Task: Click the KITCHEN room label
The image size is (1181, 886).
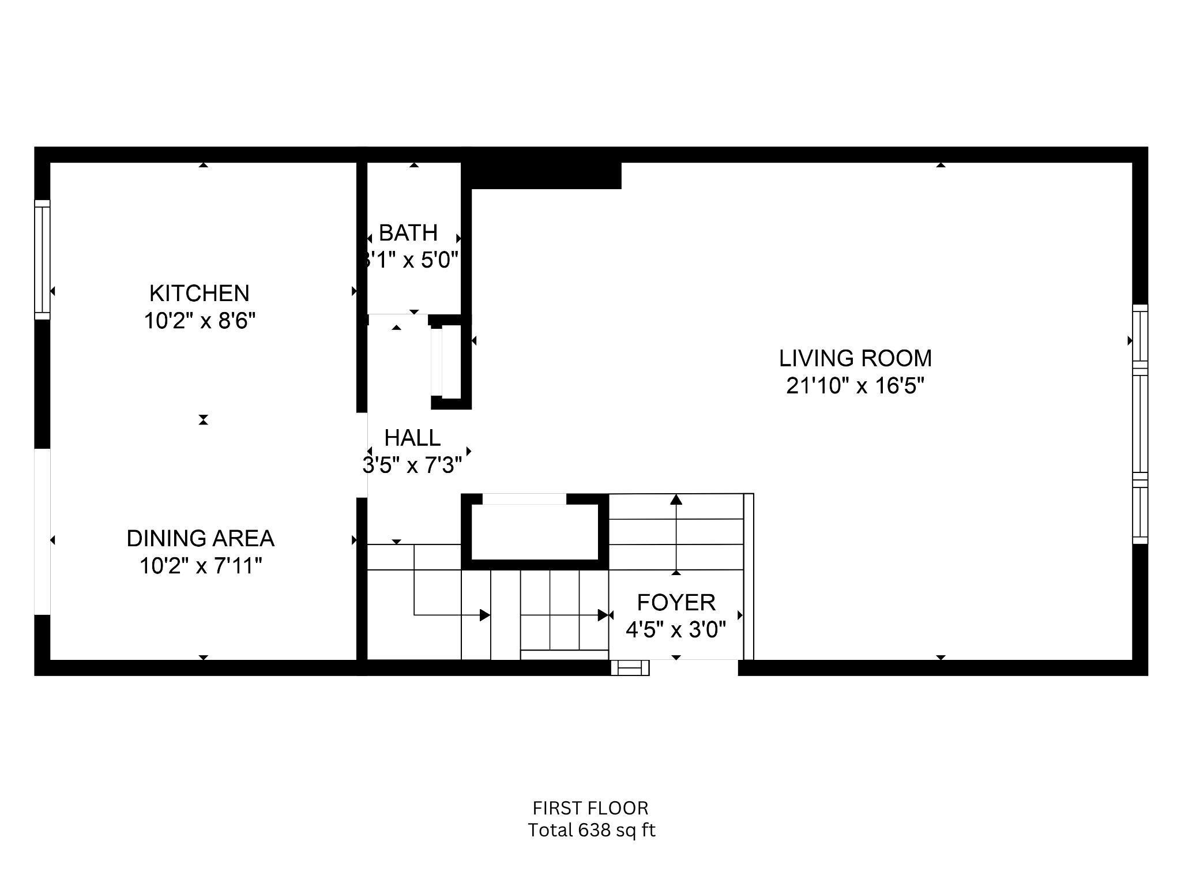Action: point(199,293)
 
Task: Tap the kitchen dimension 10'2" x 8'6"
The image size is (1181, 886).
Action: point(199,321)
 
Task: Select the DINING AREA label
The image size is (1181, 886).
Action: point(200,538)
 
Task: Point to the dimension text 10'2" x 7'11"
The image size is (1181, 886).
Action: point(200,566)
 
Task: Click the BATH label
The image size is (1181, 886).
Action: point(408,232)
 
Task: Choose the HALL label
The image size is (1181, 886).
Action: point(412,438)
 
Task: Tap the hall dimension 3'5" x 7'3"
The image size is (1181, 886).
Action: point(412,465)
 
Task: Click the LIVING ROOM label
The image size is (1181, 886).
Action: point(855,358)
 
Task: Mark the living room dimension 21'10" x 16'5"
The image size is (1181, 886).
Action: point(855,385)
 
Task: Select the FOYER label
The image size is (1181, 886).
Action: point(676,602)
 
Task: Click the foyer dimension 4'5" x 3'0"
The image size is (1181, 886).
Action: point(676,629)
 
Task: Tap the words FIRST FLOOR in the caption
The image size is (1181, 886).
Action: point(590,808)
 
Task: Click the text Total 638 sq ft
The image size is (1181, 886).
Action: point(592,830)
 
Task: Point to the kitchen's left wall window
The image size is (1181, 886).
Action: point(43,259)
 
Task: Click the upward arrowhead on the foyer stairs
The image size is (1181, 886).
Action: point(676,499)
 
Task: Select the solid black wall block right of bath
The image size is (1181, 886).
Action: point(545,175)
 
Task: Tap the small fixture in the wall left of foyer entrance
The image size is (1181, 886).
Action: point(630,668)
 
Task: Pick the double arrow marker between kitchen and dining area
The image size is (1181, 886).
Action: point(203,420)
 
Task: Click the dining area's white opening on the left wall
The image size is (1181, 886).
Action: point(43,531)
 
